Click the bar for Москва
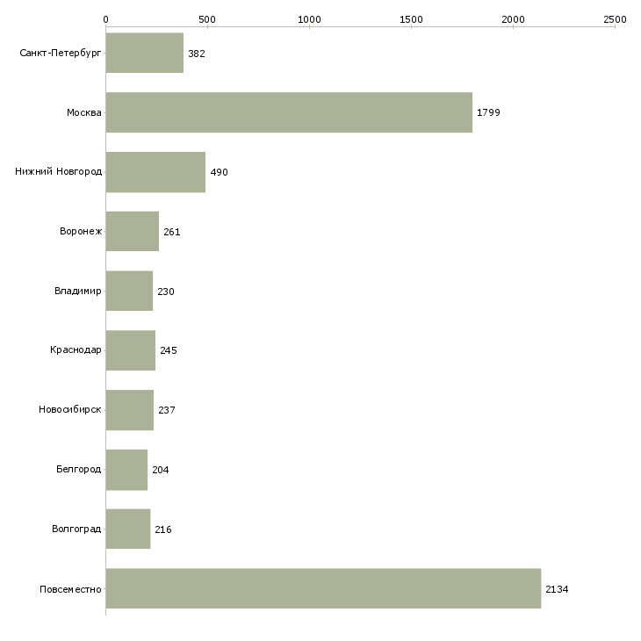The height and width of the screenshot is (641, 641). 289,112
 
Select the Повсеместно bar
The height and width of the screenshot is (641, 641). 323,588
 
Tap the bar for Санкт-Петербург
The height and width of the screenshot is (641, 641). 145,53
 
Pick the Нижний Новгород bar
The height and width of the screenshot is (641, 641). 155,172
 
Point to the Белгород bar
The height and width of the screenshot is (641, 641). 126,470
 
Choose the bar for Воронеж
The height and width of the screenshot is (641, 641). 133,232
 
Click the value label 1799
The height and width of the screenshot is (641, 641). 488,112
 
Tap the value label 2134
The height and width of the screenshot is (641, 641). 557,589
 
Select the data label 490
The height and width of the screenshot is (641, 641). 220,172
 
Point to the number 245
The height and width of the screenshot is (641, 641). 169,350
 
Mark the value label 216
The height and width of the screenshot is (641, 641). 163,529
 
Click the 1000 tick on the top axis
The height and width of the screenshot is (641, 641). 309,19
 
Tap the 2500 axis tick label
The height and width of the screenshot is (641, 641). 615,19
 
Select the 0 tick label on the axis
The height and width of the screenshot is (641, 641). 106,19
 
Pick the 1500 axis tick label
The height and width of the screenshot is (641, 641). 411,19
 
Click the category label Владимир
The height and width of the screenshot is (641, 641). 77,291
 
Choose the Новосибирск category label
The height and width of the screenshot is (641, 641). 70,409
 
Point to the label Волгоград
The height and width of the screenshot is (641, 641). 76,529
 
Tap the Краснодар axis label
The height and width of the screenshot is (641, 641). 76,350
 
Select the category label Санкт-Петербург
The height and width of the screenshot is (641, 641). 61,53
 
